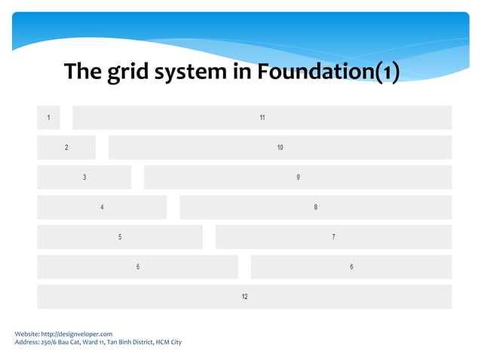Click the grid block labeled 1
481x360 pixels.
[x=48, y=117]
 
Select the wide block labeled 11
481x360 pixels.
[x=262, y=117]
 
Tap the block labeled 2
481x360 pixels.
[x=66, y=147]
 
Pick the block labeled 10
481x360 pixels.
[x=280, y=147]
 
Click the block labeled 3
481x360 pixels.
[x=84, y=177]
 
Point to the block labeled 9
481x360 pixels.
[x=298, y=177]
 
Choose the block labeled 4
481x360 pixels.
[x=102, y=207]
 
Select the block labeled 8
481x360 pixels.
[x=315, y=207]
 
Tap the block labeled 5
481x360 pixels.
[x=120, y=236]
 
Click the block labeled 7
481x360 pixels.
[x=333, y=236]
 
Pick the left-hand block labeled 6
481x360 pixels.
[x=138, y=267]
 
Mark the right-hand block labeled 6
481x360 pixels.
[x=351, y=267]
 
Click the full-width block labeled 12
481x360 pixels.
[x=244, y=297]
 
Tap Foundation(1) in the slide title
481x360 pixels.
[x=328, y=72]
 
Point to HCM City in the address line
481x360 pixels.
[x=168, y=342]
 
